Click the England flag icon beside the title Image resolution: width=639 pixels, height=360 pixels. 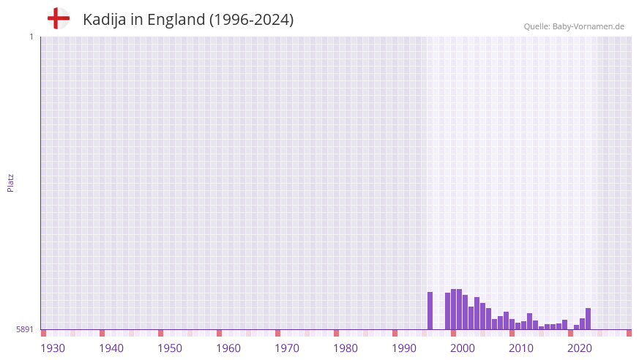[58, 19]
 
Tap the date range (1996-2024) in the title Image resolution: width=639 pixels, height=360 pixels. [252, 20]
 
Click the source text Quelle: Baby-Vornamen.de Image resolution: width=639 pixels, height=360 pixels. [574, 26]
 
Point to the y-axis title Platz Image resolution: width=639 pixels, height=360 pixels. [10, 183]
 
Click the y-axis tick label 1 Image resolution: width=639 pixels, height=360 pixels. [31, 37]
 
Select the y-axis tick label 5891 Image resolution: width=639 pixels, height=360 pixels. [24, 329]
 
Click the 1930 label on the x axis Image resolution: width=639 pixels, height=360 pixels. [53, 348]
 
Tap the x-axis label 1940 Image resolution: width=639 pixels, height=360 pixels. [111, 348]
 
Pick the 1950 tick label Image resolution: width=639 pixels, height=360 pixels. [170, 348]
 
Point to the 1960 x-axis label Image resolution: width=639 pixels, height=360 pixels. [228, 348]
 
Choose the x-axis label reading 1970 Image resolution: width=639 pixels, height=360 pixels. [287, 348]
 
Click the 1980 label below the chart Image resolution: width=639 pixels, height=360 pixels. [345, 348]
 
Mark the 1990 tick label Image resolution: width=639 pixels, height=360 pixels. [404, 348]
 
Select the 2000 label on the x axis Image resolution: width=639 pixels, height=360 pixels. [463, 348]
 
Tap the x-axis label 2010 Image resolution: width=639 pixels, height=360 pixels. [521, 348]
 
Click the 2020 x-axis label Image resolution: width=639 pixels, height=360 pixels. [580, 348]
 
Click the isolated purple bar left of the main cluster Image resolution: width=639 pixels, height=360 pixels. [430, 311]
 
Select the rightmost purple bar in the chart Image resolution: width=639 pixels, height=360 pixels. [588, 319]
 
